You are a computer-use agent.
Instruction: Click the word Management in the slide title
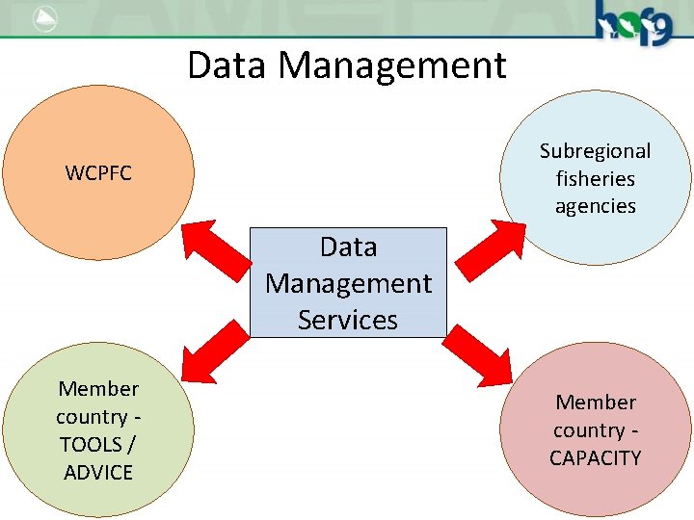392,65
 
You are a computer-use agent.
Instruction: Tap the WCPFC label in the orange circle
98,173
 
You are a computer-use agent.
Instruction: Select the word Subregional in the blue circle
595,151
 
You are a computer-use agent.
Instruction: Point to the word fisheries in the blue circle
595,178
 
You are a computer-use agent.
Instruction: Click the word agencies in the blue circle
595,205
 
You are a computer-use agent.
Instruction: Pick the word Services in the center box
348,319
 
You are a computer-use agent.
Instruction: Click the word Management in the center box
348,283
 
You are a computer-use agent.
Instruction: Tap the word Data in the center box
348,247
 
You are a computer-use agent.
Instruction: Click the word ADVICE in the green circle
98,472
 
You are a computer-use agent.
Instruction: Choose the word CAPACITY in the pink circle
595,457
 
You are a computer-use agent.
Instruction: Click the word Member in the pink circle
596,402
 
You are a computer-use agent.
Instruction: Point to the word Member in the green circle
98,388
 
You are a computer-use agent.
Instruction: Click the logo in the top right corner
631,21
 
